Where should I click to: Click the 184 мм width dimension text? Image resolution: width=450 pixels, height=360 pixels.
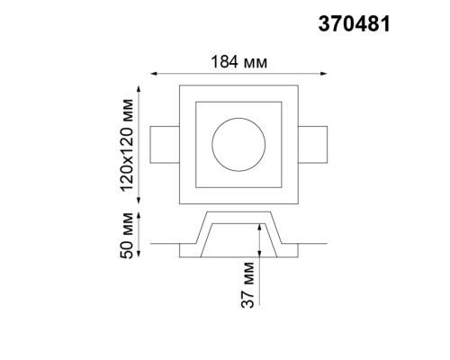(x=238, y=62)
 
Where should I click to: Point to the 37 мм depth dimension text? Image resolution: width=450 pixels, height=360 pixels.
(x=252, y=286)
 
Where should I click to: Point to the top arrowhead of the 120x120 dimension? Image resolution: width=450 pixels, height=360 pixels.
(x=140, y=87)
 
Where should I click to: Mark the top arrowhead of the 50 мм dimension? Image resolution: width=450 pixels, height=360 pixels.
(x=140, y=213)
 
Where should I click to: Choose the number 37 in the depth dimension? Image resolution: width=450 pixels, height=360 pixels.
(x=252, y=298)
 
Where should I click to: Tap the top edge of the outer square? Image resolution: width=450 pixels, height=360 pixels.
(x=238, y=87)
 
